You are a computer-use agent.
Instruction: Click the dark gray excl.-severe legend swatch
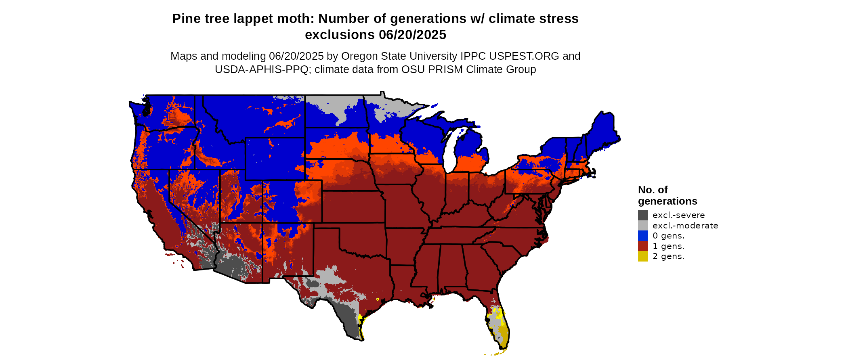(643, 215)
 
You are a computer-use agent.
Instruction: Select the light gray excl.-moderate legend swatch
(643, 226)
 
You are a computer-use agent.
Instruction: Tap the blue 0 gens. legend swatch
(643, 236)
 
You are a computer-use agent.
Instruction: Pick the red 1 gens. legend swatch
(643, 246)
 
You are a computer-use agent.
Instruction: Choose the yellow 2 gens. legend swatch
(643, 256)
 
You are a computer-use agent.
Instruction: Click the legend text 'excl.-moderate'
(685, 226)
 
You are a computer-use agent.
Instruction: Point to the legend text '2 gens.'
(668, 256)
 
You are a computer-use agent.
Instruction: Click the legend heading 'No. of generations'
(667, 195)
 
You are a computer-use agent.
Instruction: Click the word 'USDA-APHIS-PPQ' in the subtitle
(262, 69)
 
